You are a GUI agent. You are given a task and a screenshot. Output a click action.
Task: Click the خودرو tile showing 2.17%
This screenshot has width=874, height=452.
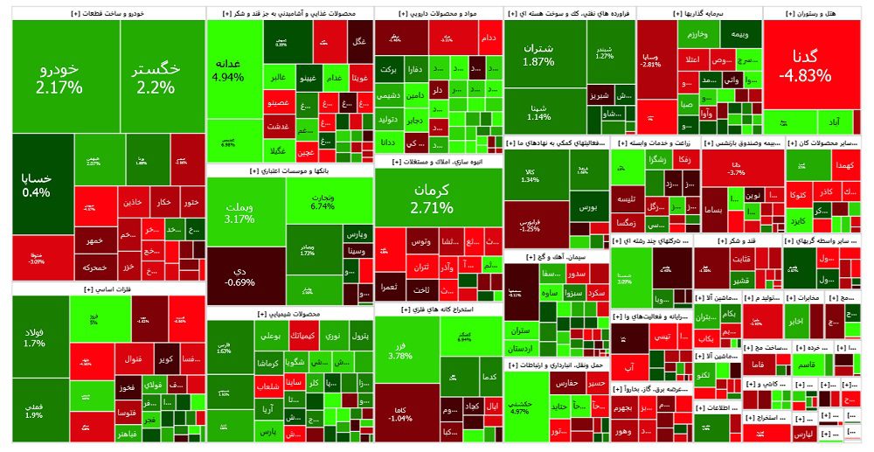pos(59,77)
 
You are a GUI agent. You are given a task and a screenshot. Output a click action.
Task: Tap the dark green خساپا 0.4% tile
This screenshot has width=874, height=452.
pos(37,184)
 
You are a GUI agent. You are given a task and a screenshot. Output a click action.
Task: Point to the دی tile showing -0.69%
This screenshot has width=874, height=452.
pos(239,275)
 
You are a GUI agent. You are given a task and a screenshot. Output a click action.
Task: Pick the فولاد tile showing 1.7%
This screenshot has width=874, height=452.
pos(34,337)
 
